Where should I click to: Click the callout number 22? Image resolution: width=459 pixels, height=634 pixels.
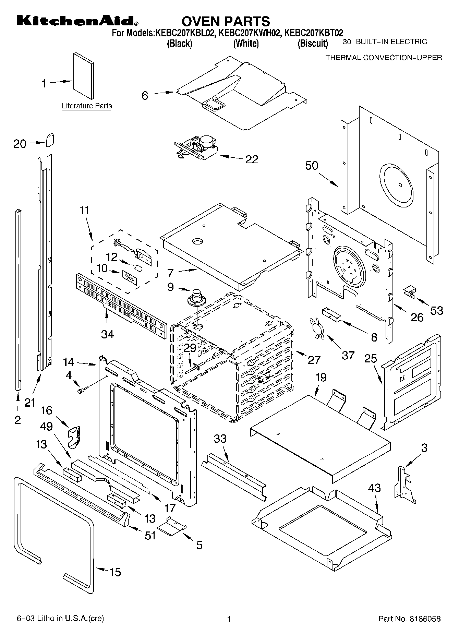252,159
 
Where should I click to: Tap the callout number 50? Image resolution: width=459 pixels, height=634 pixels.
312,166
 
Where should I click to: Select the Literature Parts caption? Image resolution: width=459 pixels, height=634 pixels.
87,106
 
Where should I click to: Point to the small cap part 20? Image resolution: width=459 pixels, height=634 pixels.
50,140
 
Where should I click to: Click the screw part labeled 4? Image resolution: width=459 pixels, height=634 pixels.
83,390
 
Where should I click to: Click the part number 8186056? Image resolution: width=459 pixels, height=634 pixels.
425,619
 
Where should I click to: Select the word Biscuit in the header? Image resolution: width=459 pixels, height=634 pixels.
313,44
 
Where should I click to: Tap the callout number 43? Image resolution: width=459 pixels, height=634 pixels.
374,488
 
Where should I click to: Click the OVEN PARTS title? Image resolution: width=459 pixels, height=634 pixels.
226,21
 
